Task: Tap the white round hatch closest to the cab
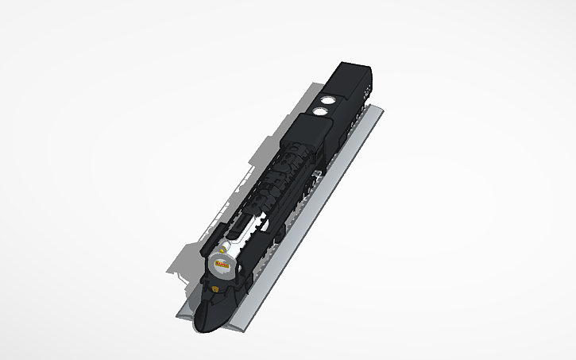[321, 111]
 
